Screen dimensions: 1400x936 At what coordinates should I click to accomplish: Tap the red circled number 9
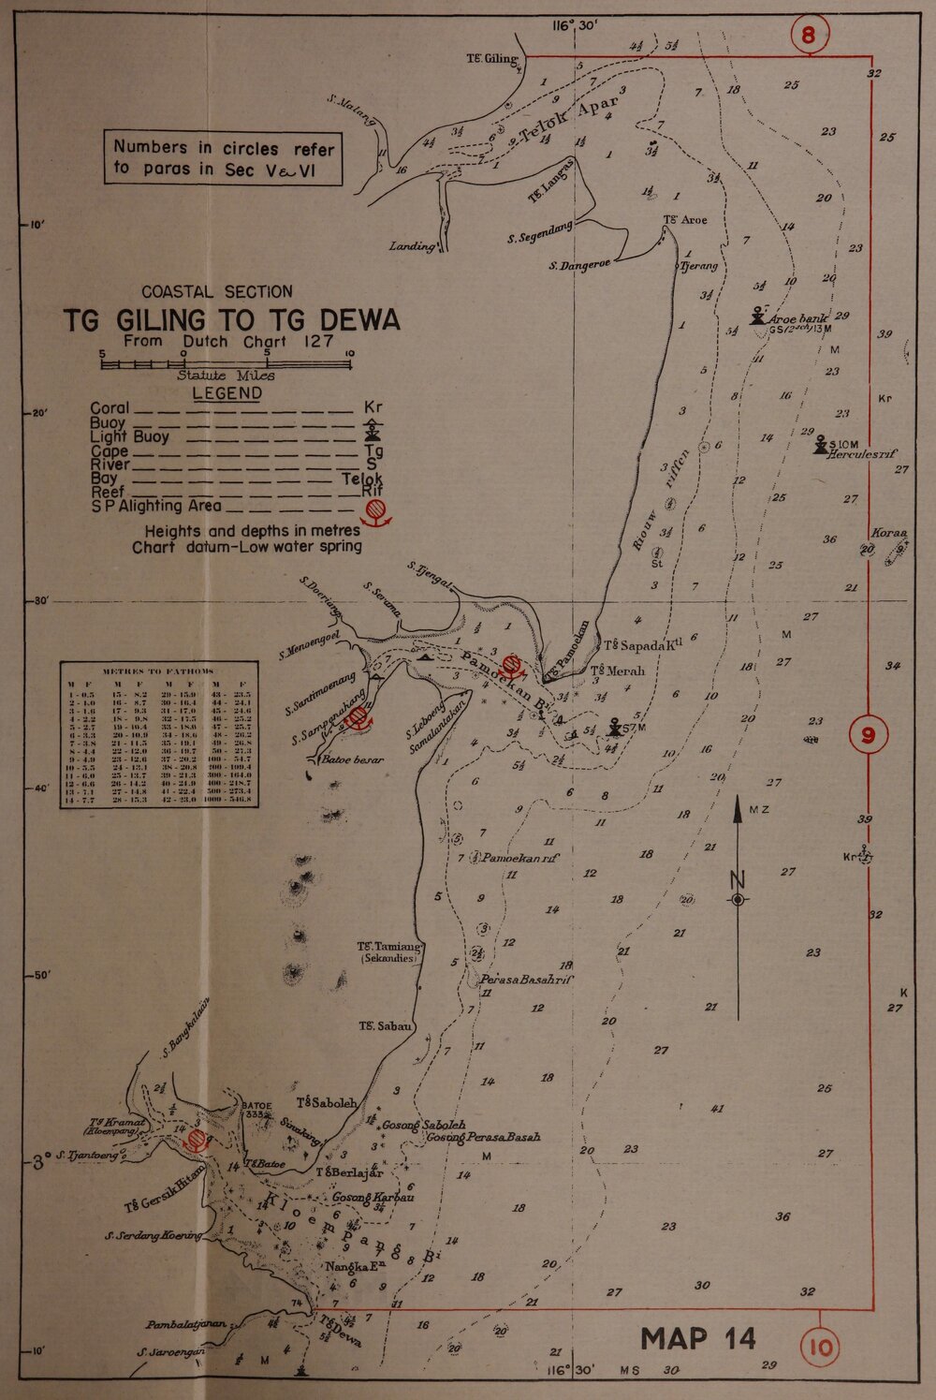(x=869, y=735)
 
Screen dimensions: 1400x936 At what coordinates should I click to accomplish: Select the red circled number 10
(x=821, y=1348)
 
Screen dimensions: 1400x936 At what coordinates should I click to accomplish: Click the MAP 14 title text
(x=699, y=1338)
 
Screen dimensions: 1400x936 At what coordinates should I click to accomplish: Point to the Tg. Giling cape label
(x=491, y=59)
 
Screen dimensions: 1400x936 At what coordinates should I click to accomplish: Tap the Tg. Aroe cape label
(x=685, y=221)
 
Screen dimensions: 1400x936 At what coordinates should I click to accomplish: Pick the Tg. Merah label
(x=619, y=671)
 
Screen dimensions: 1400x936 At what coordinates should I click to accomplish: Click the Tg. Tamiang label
(x=391, y=948)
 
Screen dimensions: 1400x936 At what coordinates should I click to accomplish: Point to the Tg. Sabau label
(x=385, y=1026)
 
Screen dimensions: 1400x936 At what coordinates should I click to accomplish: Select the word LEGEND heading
(x=227, y=393)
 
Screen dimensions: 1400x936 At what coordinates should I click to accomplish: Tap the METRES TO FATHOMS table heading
(x=158, y=671)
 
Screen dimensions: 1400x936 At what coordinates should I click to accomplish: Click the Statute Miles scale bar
(x=225, y=363)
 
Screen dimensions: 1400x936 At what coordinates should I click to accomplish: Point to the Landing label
(x=414, y=247)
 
